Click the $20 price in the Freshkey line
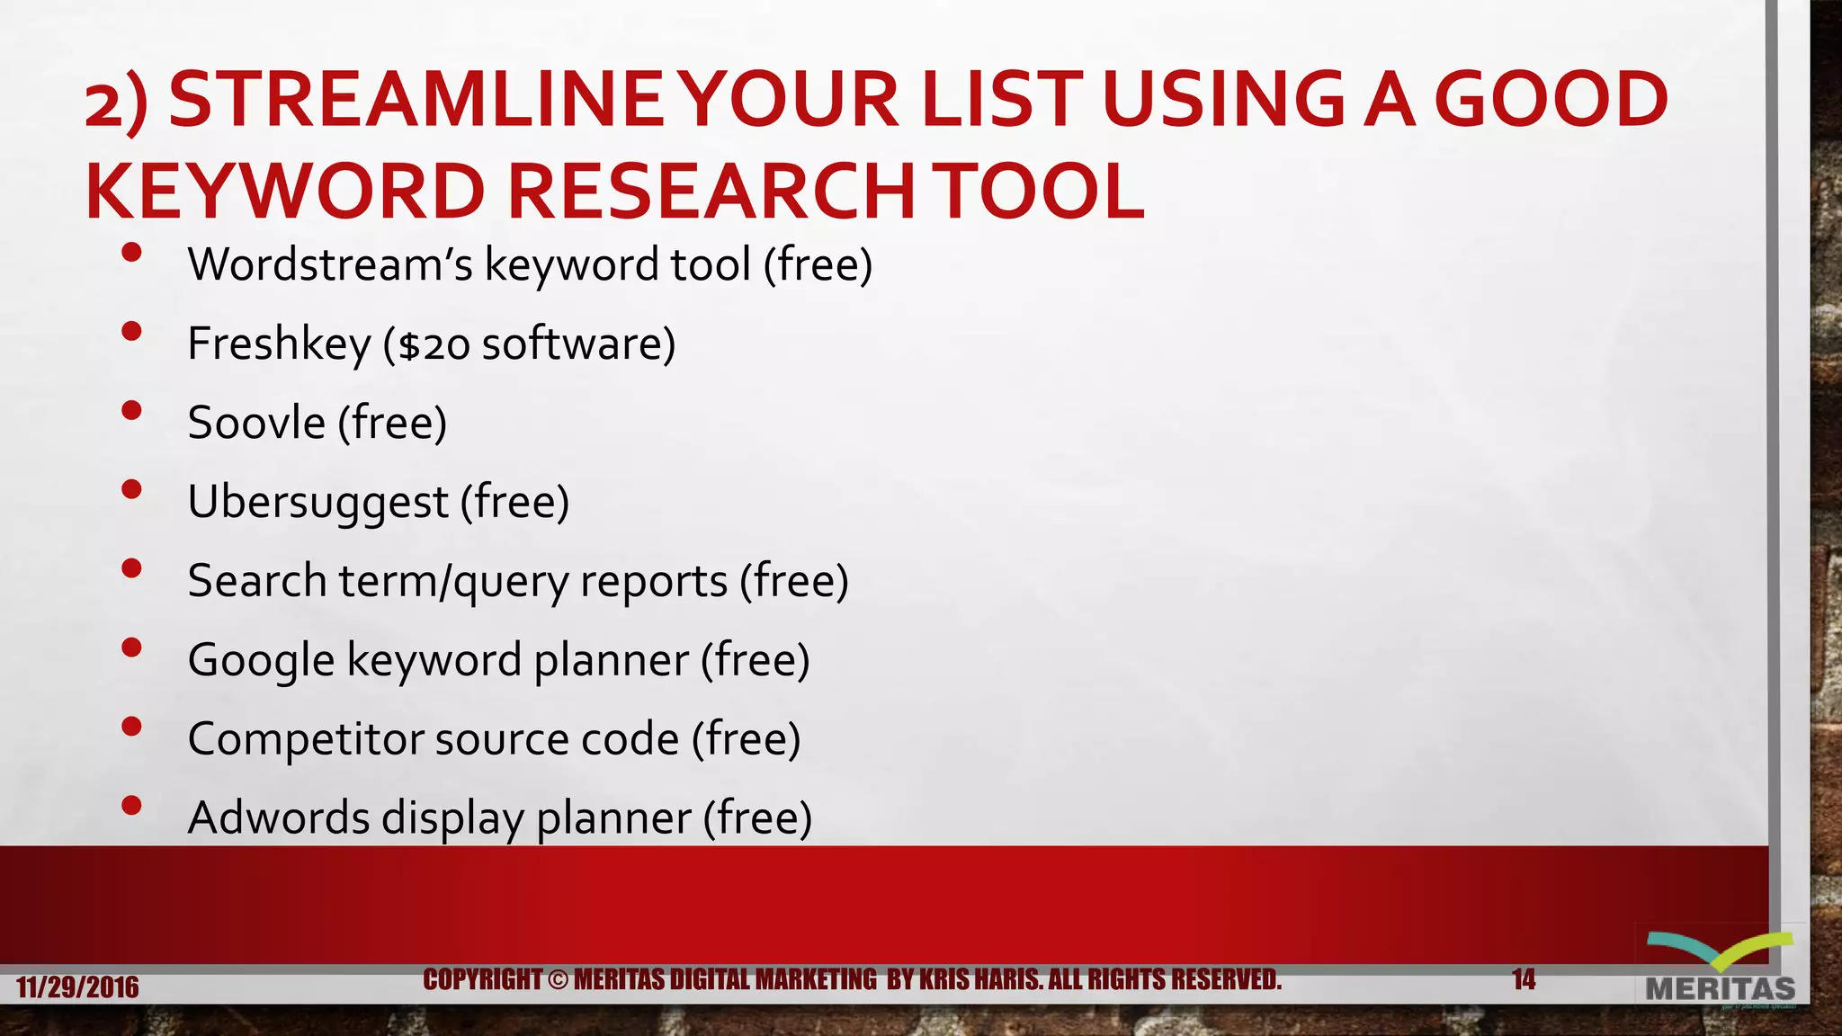click(434, 345)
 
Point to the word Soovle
click(256, 423)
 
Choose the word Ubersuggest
click(317, 502)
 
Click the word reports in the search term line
click(654, 581)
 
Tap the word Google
click(261, 660)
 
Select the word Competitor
click(306, 739)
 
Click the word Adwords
click(279, 818)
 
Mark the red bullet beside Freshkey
click(131, 331)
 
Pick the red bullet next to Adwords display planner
click(131, 805)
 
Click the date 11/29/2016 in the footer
click(77, 987)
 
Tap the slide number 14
click(1524, 979)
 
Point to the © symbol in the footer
click(558, 979)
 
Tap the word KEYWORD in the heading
click(285, 192)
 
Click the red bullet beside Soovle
click(131, 410)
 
